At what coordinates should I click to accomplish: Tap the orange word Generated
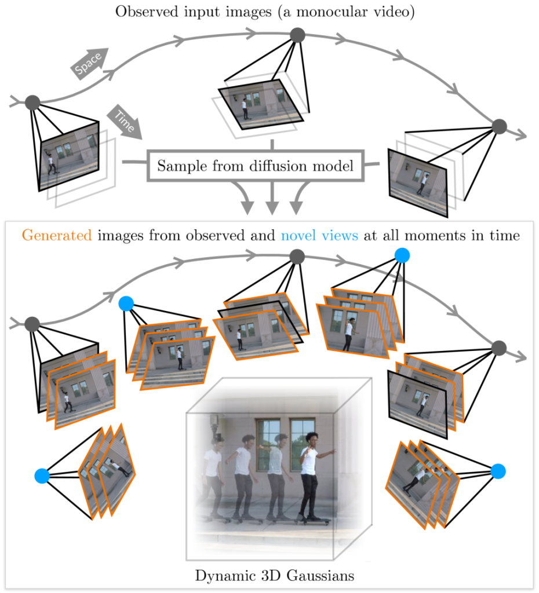(x=56, y=236)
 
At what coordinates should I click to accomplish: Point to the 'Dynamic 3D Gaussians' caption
(x=275, y=576)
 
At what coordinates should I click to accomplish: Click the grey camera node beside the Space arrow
(x=32, y=104)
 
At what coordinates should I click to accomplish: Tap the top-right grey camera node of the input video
(x=499, y=126)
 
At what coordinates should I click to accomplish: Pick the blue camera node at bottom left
(x=42, y=476)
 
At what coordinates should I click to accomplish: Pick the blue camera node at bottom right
(x=498, y=471)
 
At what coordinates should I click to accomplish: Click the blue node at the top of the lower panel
(x=402, y=255)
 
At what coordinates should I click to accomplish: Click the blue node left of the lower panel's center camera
(x=126, y=303)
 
